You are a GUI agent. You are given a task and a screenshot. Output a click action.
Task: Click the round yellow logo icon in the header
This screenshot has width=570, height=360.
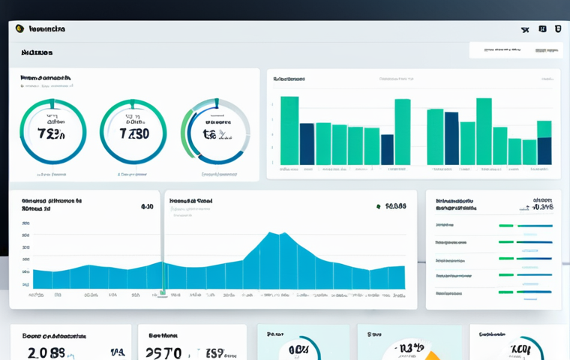tap(19, 28)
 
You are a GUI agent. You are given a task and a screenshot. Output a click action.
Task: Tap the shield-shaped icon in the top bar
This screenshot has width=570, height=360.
tap(557, 29)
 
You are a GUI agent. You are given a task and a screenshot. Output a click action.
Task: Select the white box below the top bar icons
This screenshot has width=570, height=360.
tap(514, 50)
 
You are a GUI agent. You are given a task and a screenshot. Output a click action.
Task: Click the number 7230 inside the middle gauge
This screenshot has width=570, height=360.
tap(133, 134)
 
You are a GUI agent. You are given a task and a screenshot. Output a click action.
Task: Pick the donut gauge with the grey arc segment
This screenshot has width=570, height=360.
tap(215, 133)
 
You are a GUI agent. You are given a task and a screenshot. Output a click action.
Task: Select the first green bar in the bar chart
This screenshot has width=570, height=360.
tap(289, 130)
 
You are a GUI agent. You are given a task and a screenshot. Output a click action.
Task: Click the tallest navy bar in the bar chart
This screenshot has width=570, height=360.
tap(451, 138)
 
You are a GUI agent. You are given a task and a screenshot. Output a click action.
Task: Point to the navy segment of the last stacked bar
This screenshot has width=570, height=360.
tap(544, 151)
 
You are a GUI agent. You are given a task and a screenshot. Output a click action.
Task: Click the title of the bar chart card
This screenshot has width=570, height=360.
tap(289, 77)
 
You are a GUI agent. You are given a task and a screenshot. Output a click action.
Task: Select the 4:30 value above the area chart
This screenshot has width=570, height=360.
tap(147, 206)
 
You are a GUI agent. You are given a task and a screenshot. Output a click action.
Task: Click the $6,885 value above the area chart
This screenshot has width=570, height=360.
tap(395, 206)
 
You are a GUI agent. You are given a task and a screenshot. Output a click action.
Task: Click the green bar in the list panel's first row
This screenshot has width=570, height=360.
tap(506, 226)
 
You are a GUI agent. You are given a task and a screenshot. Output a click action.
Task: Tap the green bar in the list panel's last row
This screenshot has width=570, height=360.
tap(506, 292)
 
